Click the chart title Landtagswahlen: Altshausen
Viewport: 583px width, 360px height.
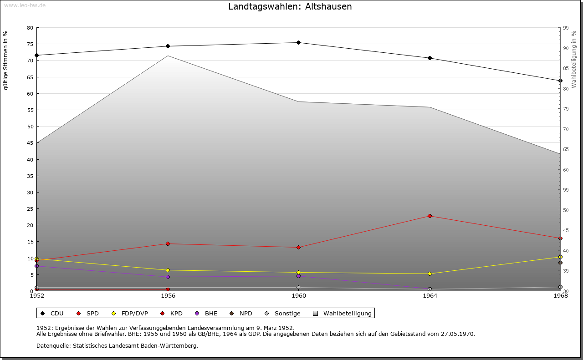point(290,7)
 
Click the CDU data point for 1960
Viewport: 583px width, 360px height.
point(298,43)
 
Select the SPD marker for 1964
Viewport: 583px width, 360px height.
point(430,216)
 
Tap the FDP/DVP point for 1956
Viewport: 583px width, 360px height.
point(168,270)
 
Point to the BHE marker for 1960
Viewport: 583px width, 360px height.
point(298,276)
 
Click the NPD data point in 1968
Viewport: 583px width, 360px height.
point(560,263)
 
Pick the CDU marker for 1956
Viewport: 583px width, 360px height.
point(168,46)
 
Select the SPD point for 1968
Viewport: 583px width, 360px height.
point(560,238)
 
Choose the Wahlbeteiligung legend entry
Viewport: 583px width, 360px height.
point(343,313)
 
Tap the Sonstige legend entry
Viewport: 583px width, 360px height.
point(282,313)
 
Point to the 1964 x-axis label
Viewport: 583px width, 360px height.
point(430,296)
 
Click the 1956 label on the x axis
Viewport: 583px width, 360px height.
point(168,296)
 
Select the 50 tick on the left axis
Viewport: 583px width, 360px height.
point(30,127)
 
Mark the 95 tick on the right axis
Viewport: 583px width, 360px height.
point(566,28)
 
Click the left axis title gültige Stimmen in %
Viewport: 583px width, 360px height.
point(6,61)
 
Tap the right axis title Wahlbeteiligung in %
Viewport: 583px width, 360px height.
point(574,60)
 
